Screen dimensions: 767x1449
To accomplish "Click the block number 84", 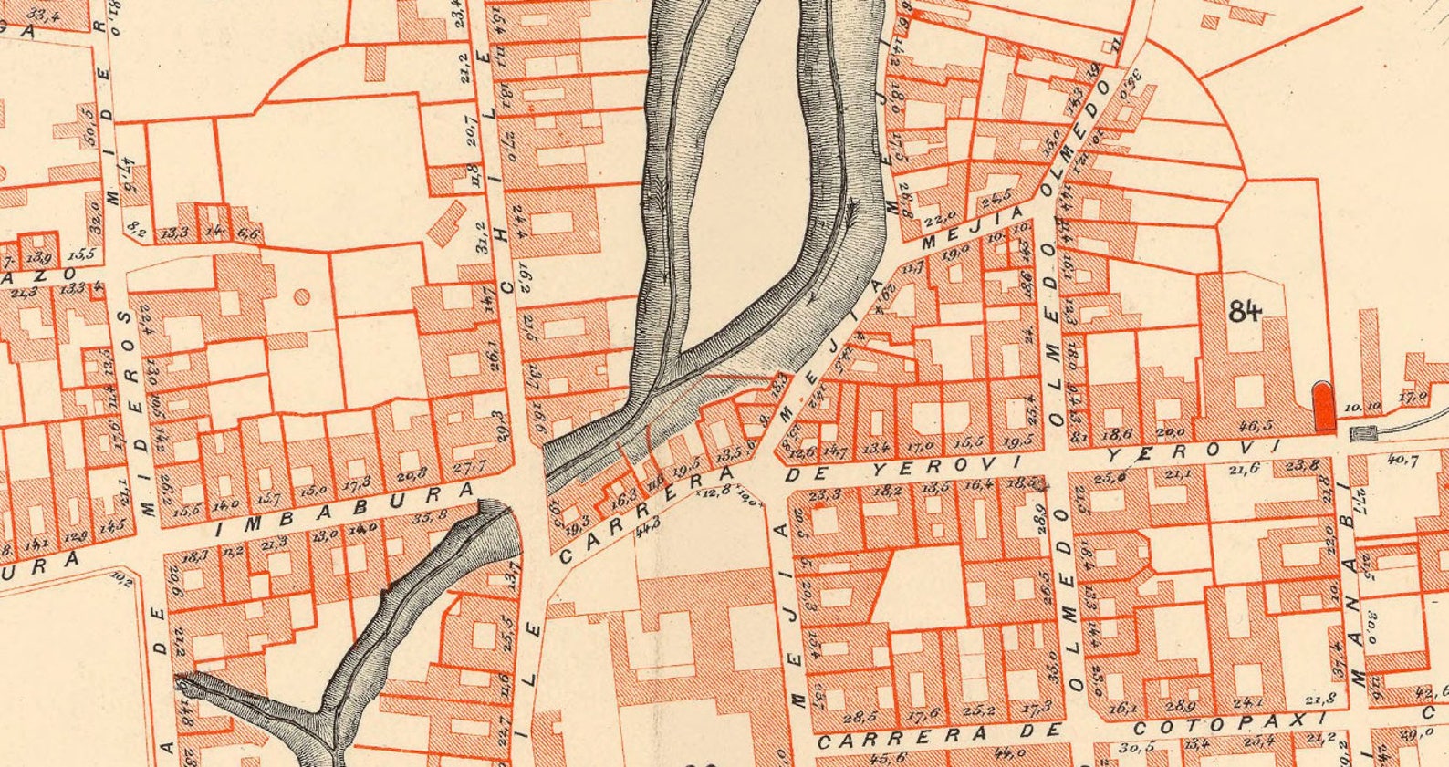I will (1245, 311).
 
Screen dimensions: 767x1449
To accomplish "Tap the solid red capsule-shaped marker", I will (1323, 406).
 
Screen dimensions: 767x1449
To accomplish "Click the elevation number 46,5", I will (1258, 426).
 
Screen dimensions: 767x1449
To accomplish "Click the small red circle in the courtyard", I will (301, 296).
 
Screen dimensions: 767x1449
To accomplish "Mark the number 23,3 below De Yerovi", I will (825, 495).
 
